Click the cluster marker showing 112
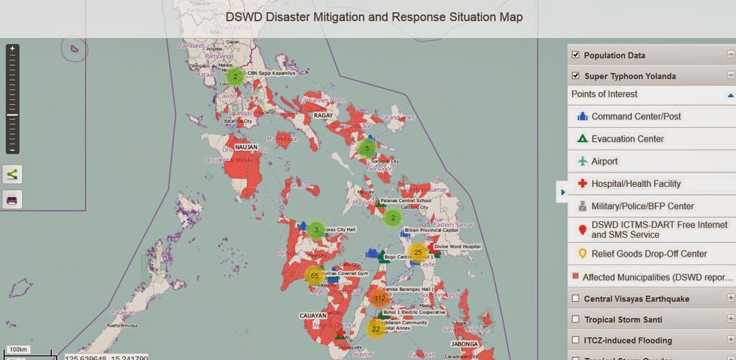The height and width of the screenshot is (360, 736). pyautogui.click(x=380, y=297)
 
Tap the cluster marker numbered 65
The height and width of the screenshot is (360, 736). pyautogui.click(x=315, y=276)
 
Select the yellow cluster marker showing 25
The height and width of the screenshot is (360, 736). pyautogui.click(x=418, y=252)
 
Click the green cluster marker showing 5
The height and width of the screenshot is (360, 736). pyautogui.click(x=367, y=149)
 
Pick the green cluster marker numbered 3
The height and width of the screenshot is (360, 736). pyautogui.click(x=316, y=230)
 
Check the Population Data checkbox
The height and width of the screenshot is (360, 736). pyautogui.click(x=575, y=55)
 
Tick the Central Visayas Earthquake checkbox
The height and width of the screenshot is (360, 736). pyautogui.click(x=575, y=299)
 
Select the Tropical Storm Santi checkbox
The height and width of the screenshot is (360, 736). pyautogui.click(x=575, y=320)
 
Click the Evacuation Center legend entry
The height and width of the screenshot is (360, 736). pyautogui.click(x=627, y=139)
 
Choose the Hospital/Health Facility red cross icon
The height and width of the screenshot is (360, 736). pyautogui.click(x=582, y=184)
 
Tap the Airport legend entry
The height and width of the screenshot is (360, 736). pyautogui.click(x=604, y=162)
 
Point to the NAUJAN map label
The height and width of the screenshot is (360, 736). pyautogui.click(x=246, y=147)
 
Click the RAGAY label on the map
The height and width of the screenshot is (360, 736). pyautogui.click(x=321, y=115)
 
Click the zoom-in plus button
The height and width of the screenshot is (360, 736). pyautogui.click(x=12, y=49)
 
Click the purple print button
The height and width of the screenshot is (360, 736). pyautogui.click(x=12, y=199)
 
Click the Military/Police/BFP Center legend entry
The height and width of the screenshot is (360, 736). pyautogui.click(x=642, y=206)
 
